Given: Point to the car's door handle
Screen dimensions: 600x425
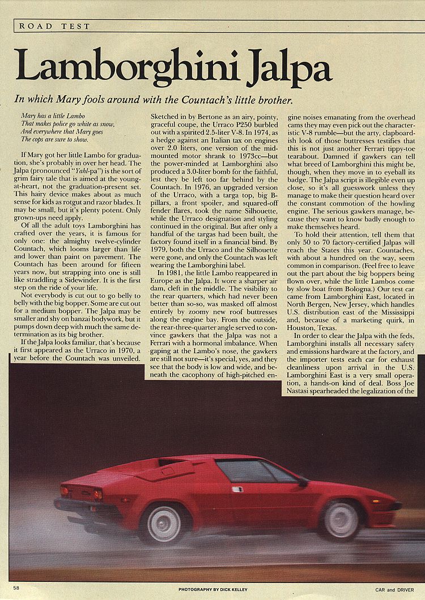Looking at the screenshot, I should [237, 489].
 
